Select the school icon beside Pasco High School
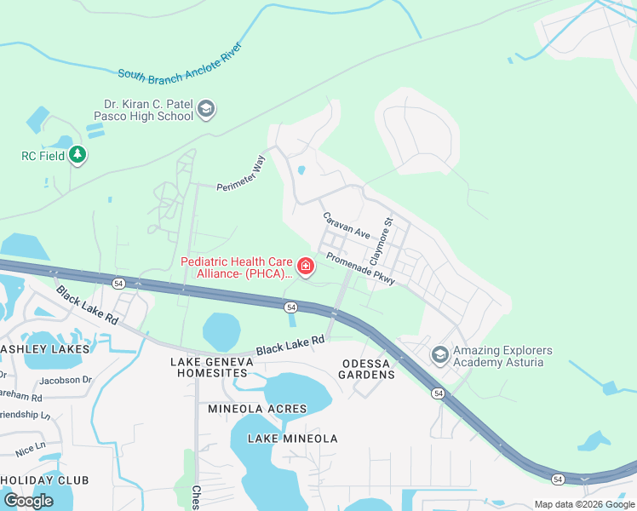[206, 109]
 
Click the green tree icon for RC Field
[78, 155]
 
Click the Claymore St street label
[381, 239]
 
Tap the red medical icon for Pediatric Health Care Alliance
[305, 267]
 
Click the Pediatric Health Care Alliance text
[237, 267]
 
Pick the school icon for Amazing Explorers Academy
[440, 353]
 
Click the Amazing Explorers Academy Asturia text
[502, 357]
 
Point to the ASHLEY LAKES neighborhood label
[44, 349]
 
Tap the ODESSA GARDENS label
[368, 368]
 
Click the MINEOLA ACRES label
[257, 409]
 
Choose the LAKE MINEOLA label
[292, 439]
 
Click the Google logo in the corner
[28, 500]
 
